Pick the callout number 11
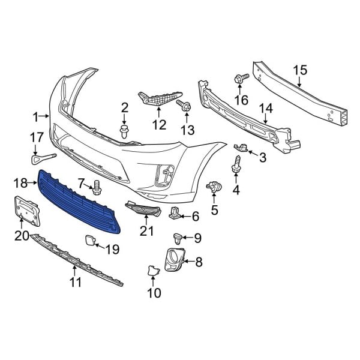[75, 283]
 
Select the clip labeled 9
[178, 237]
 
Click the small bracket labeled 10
[151, 272]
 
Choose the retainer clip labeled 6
[176, 212]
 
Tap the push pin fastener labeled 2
[125, 131]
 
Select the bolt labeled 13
[184, 107]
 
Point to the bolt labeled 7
[97, 188]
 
